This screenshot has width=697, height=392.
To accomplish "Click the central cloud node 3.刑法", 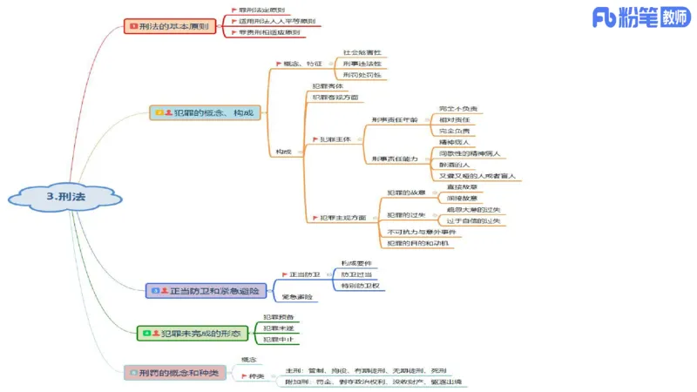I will coord(65,197).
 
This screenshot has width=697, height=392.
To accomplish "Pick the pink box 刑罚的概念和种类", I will coord(174,372).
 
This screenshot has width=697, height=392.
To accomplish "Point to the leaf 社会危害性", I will coord(362,53).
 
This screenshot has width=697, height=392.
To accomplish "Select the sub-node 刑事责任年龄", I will coord(394,119).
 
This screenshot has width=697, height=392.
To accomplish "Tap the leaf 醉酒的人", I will coord(454,164).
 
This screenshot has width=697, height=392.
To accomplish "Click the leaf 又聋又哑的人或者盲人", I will coord(478,176).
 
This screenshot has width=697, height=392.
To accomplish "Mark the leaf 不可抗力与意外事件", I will coord(422,232).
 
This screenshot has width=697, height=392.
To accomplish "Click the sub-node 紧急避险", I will coord(298,298).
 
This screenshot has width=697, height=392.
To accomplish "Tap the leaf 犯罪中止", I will coord(278,340).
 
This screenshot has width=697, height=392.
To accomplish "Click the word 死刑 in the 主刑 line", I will coord(437,370).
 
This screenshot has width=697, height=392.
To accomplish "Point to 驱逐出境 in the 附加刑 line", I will coord(445,382).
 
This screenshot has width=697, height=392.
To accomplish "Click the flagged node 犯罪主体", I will coord(335,139).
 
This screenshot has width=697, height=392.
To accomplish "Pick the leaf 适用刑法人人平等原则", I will coord(277,21).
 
